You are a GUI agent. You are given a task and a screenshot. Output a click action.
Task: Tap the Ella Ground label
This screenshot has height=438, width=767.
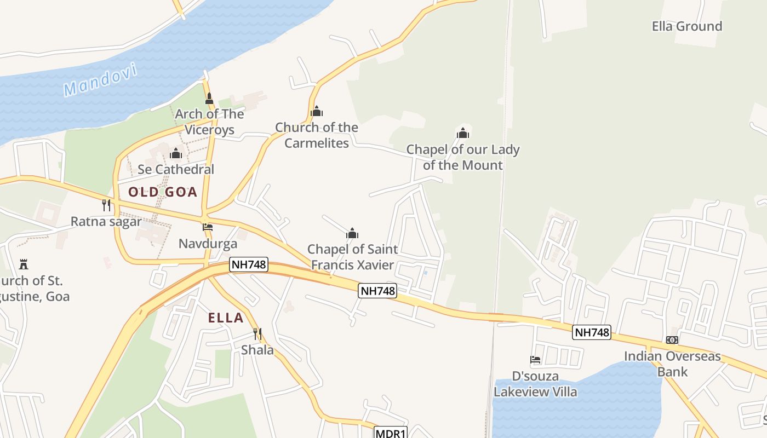click(686, 26)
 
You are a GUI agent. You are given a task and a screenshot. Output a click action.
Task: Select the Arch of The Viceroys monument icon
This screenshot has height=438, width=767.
click(209, 99)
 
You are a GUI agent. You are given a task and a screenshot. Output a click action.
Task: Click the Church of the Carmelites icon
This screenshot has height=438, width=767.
click(317, 112)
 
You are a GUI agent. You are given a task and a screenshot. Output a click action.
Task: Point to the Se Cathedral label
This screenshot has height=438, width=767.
click(176, 169)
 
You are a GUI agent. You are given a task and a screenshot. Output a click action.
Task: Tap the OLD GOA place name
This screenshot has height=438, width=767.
click(162, 192)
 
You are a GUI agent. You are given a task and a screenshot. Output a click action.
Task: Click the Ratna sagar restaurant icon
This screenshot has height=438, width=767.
click(106, 205)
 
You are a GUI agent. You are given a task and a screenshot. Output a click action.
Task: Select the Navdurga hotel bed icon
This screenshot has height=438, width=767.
click(208, 227)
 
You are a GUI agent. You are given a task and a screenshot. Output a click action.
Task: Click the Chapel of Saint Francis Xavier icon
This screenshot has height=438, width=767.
click(352, 234)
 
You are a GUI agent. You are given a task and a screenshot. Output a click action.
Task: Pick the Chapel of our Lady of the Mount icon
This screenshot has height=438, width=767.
click(463, 133)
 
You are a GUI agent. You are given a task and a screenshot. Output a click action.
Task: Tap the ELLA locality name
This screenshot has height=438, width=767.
click(226, 318)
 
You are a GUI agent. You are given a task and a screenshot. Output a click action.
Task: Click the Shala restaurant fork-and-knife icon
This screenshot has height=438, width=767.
click(257, 333)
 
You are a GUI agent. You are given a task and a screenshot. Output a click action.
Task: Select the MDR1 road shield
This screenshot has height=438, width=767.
click(391, 433)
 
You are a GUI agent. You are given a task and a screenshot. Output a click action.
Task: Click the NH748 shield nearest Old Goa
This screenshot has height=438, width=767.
click(249, 264)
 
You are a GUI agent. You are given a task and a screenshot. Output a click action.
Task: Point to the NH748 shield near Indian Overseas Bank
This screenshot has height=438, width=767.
click(592, 332)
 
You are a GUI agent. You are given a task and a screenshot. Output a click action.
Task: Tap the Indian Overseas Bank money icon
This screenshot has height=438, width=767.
click(672, 340)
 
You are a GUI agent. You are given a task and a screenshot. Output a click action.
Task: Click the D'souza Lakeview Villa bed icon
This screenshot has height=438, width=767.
click(535, 360)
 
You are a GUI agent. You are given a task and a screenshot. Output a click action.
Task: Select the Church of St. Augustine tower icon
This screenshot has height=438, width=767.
click(23, 264)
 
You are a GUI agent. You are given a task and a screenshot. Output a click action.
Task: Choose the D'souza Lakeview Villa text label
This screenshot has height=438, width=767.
click(535, 384)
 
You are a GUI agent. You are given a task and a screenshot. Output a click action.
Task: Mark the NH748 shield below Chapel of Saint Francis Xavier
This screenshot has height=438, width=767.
click(377, 291)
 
